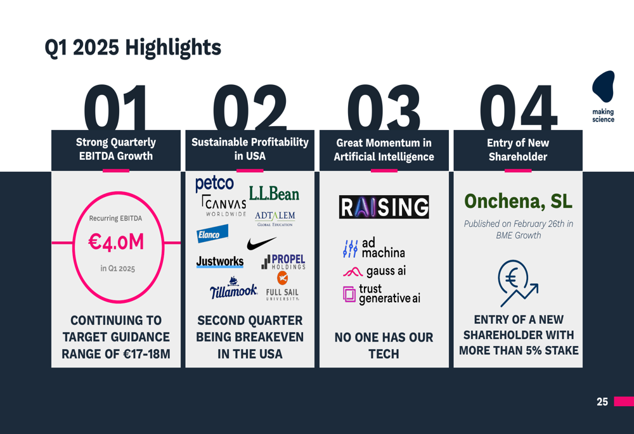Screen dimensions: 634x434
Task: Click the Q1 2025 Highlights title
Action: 133,48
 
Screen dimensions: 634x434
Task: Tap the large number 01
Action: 115,108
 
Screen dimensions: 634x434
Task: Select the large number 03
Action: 384,108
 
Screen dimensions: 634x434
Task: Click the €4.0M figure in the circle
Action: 116,243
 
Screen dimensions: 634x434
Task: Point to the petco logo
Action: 214,184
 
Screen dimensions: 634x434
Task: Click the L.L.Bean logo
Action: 274,194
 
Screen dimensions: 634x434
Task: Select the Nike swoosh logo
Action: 261,243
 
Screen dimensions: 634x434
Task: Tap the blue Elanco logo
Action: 212,234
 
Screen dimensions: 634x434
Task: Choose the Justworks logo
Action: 220,262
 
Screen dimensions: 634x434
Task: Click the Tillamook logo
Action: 233,288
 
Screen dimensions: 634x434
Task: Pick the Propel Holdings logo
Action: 283,262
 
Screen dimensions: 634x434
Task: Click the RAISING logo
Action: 384,207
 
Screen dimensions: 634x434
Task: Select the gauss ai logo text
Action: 375,272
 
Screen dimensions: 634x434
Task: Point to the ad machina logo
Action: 373,248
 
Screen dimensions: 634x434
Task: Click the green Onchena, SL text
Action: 518,201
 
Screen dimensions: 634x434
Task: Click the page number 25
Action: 602,402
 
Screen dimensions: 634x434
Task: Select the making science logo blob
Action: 604,86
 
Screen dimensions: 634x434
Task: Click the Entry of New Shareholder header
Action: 518,150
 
